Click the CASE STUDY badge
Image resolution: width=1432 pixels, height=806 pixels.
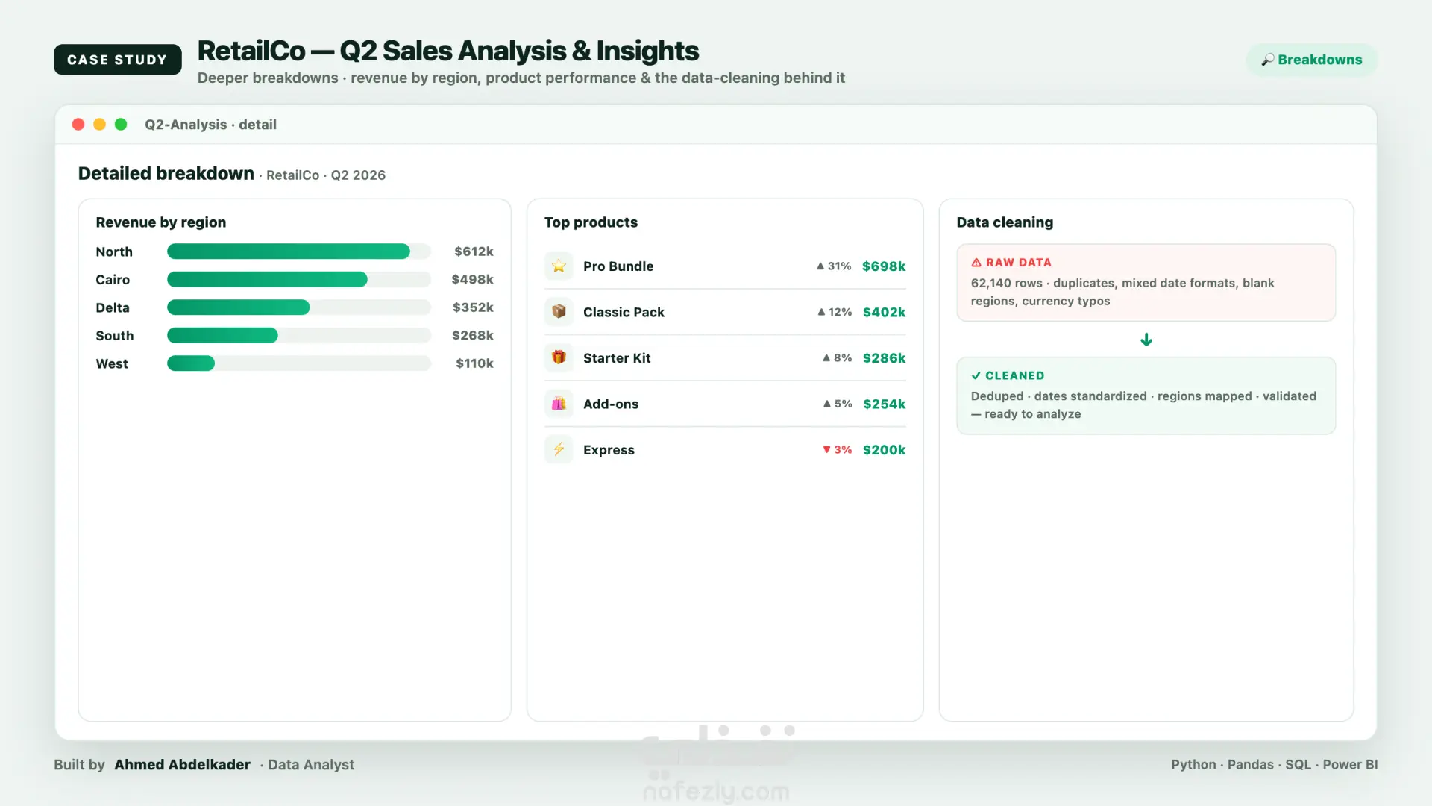117,60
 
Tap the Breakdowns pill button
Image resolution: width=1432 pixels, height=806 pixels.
1311,60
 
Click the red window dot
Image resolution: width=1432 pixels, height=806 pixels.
78,125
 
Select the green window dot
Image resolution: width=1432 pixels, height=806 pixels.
121,125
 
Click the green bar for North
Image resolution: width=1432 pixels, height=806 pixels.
289,252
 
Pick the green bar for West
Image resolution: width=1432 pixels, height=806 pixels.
191,363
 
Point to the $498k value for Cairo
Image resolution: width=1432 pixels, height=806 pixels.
472,279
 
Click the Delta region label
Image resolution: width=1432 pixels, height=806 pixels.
113,307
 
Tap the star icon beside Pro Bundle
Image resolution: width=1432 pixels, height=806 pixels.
559,266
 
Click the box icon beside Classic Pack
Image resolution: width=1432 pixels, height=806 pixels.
559,312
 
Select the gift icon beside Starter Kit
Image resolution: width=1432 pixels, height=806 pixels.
559,357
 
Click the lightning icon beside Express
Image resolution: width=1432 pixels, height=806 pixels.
559,449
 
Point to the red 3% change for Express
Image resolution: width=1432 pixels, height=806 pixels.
837,449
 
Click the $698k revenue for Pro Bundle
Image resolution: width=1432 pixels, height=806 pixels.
884,266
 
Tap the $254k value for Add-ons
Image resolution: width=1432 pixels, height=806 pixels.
885,404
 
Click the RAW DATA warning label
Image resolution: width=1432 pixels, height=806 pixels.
1011,263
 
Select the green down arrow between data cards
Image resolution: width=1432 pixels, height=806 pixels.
1146,340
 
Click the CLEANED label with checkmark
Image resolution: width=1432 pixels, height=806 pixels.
1008,375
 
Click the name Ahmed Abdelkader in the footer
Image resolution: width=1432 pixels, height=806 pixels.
182,765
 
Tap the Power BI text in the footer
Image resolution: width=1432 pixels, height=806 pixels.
1350,765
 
